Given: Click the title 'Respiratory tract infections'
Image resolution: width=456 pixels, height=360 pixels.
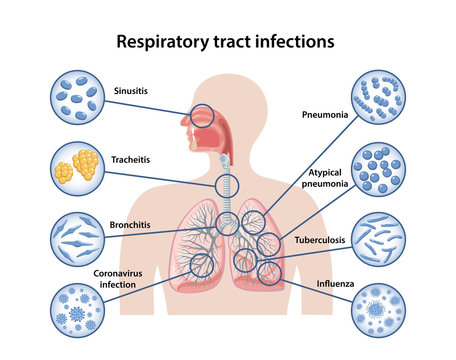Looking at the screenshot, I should tap(225, 42).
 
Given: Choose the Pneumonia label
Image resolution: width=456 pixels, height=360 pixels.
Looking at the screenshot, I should tap(325, 114).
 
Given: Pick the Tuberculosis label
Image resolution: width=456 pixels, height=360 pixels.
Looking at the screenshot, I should tap(320, 241).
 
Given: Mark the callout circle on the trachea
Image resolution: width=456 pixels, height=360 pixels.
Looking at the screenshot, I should tap(228, 185).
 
